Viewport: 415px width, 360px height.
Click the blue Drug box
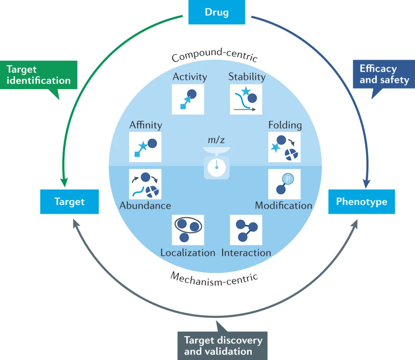(x=217, y=12)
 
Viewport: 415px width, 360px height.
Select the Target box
(x=69, y=202)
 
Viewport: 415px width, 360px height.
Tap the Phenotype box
(x=362, y=202)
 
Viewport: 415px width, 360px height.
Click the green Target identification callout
(x=39, y=75)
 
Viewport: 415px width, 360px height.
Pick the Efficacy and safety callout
(x=384, y=74)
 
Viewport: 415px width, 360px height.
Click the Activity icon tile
(x=188, y=99)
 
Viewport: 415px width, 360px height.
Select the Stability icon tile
(x=246, y=99)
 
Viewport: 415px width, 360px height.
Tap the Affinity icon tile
(x=145, y=147)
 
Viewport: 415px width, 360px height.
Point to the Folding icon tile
(x=284, y=147)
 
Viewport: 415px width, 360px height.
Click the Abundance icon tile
(x=145, y=184)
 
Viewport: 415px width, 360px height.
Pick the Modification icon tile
(x=284, y=184)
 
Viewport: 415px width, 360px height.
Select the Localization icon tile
(x=188, y=230)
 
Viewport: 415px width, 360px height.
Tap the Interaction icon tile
(x=246, y=230)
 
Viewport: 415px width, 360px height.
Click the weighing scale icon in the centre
(x=216, y=163)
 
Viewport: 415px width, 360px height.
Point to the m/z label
(x=216, y=140)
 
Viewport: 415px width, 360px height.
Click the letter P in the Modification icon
(x=288, y=179)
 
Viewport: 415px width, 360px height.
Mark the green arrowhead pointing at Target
(x=64, y=183)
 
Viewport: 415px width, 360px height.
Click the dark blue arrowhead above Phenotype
(x=367, y=184)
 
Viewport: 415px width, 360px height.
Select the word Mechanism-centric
(x=214, y=280)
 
